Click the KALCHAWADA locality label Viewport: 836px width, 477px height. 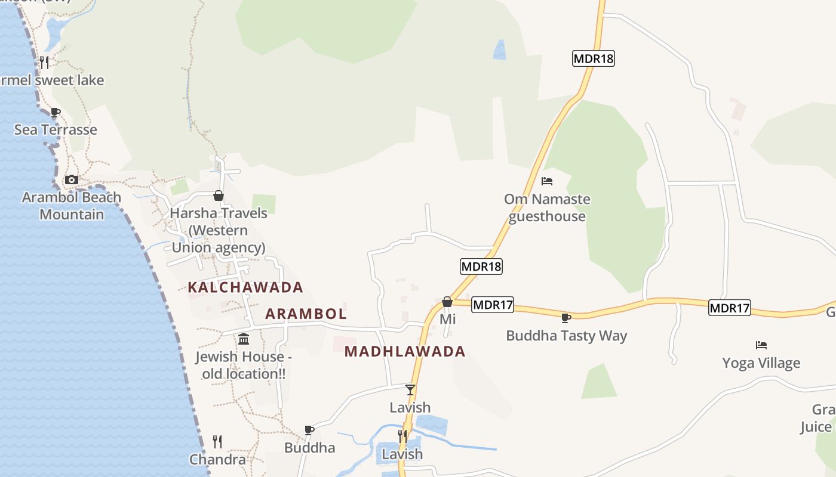[245, 287]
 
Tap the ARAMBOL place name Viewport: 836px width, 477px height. [306, 314]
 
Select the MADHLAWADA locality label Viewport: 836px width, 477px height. [405, 352]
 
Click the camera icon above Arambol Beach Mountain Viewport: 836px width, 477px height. [71, 179]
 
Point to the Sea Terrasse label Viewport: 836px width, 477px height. [56, 129]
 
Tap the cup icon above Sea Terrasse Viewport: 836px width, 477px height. [55, 112]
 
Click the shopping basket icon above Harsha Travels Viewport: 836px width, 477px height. [219, 196]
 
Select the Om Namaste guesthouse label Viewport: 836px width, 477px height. [547, 207]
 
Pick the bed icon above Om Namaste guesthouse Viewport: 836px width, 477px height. [547, 181]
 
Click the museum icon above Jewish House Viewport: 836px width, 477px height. [244, 339]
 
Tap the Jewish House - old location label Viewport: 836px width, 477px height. [244, 365]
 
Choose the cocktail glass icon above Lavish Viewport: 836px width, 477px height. [410, 390]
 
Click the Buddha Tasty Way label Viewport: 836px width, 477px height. [566, 336]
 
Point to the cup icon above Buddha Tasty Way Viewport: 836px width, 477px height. [565, 318]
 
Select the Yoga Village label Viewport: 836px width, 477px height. [761, 363]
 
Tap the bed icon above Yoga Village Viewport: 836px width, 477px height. [761, 345]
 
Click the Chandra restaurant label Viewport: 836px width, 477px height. [217, 460]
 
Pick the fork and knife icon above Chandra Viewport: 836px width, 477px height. [217, 442]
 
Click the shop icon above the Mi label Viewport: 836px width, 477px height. [447, 302]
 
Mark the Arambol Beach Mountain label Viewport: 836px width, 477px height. [72, 206]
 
